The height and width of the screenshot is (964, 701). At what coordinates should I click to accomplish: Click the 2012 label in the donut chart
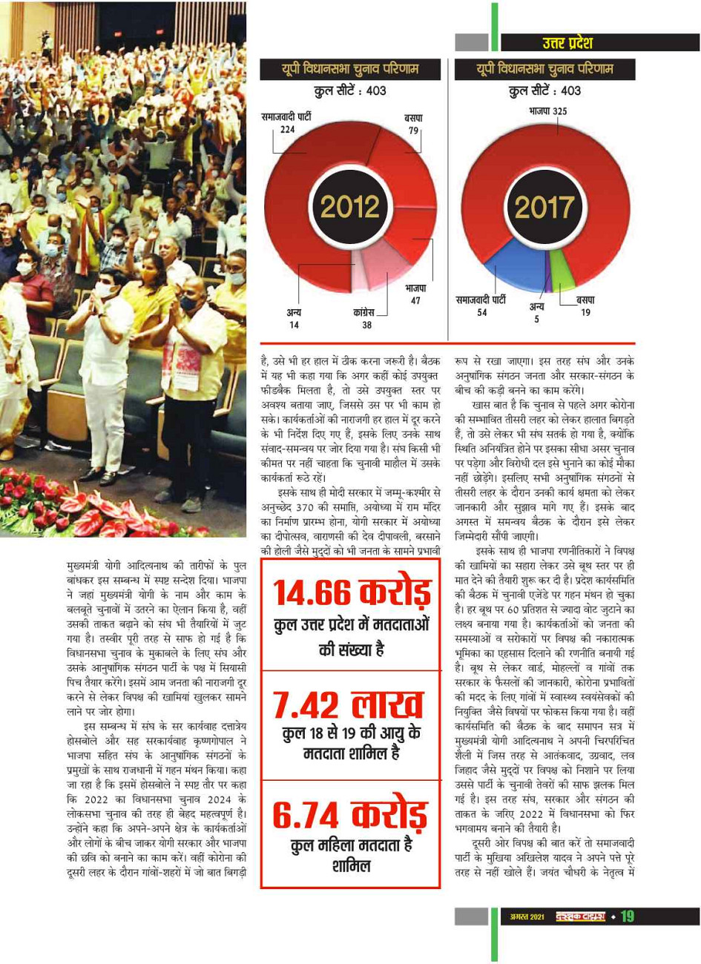[x=350, y=207]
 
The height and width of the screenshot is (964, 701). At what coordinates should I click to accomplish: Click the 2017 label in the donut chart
[x=544, y=207]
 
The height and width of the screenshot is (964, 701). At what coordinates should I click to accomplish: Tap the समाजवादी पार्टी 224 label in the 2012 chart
[x=286, y=123]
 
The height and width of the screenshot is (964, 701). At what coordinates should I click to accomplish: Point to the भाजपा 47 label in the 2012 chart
[x=415, y=294]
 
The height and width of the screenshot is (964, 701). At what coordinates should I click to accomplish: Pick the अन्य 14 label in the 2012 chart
[x=294, y=319]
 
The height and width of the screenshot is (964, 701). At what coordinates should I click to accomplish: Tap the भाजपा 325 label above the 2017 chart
[x=548, y=111]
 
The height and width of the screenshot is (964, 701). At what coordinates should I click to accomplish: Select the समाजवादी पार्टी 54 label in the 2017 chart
[x=481, y=306]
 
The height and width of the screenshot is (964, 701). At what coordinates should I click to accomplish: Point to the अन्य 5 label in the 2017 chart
[x=536, y=312]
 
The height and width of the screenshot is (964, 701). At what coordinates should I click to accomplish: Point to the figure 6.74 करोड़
[x=351, y=815]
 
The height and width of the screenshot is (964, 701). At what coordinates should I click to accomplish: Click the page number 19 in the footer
[x=628, y=917]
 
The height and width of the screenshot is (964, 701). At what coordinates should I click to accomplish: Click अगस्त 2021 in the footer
[x=527, y=917]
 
